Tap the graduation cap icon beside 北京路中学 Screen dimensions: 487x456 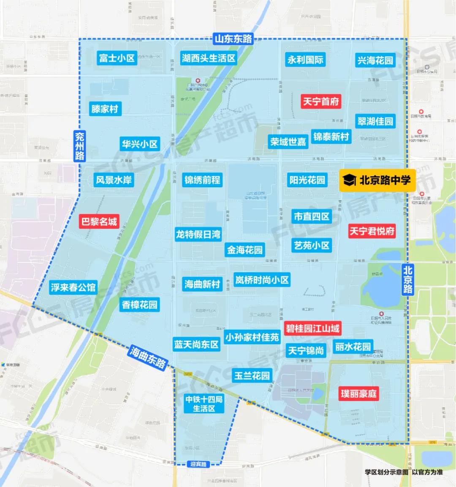350,181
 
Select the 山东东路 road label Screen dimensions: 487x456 233,39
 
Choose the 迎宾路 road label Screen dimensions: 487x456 198,464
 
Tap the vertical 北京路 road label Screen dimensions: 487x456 407,279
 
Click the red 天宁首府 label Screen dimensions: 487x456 321,101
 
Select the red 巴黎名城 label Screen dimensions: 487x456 99,222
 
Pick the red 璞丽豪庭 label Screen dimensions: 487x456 359,394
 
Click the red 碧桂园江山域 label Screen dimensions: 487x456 312,328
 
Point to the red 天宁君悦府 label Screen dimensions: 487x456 372,231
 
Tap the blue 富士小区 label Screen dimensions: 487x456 117,58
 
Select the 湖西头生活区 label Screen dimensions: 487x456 208,58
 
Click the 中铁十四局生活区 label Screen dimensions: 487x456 204,404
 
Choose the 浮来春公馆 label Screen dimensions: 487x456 73,287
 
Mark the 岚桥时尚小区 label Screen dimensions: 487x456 262,280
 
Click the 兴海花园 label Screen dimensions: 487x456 375,60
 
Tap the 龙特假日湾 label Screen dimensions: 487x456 198,234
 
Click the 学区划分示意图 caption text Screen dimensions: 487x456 386,472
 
